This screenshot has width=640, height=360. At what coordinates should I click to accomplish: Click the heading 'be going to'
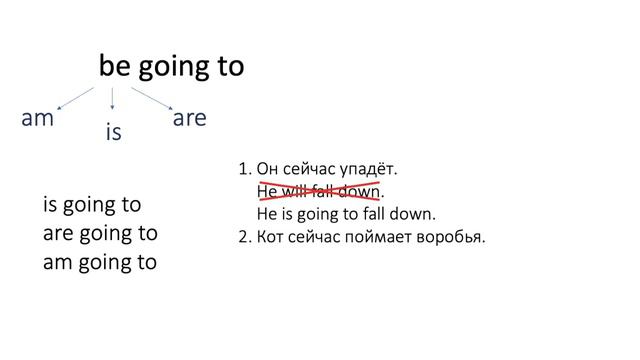point(171,66)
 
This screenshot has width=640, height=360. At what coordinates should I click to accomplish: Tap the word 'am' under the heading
point(37,118)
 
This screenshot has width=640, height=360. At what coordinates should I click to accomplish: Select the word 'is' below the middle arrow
point(113,131)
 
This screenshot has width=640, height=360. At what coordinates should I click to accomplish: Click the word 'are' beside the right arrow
point(189,118)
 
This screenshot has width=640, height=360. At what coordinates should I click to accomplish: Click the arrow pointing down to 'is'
point(113,97)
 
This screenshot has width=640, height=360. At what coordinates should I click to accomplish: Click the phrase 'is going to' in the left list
point(92,205)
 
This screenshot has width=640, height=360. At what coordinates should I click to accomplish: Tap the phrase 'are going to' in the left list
point(100,235)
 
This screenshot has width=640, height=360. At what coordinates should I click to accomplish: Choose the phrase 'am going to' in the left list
point(100,264)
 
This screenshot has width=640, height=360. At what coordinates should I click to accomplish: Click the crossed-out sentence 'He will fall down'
point(319,191)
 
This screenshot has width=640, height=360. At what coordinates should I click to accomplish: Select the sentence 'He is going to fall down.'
point(346,214)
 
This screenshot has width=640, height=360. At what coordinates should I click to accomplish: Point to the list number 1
point(245,169)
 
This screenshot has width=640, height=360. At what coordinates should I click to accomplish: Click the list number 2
point(245,237)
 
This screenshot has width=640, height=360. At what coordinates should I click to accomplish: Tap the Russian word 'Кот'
point(272,237)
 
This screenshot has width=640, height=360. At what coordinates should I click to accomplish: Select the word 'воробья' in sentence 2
point(453,238)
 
